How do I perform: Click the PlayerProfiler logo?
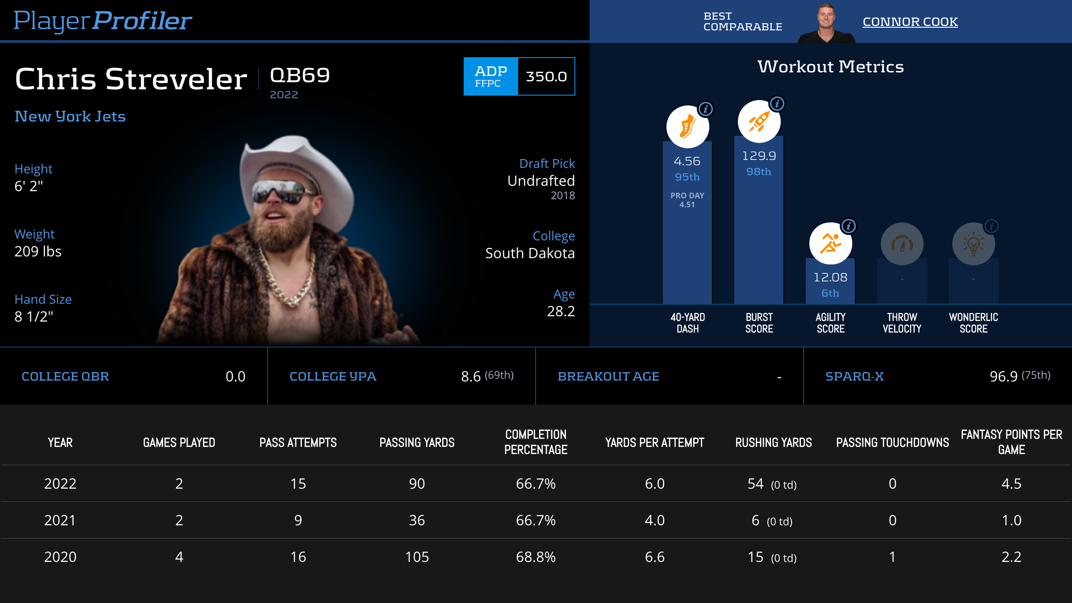pos(103,21)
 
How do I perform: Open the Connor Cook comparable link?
pos(910,22)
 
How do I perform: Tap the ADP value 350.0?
pos(546,76)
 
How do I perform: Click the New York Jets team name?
pos(70,117)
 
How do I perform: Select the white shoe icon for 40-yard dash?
pos(687,127)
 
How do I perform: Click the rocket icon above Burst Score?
pos(758,121)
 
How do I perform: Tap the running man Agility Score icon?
pos(830,243)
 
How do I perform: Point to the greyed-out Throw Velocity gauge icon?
pos(902,244)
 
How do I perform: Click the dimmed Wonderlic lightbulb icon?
pos(973,244)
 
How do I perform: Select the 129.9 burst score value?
pos(759,156)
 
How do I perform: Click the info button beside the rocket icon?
pos(777,104)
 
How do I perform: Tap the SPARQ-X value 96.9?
pos(1003,377)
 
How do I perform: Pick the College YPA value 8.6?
pos(471,377)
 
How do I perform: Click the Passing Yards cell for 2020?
pos(417,557)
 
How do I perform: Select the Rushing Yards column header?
pos(774,443)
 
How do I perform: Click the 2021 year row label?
pos(60,520)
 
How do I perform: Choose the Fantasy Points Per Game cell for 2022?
pos(1011,484)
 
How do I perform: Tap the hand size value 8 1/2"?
pos(34,317)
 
